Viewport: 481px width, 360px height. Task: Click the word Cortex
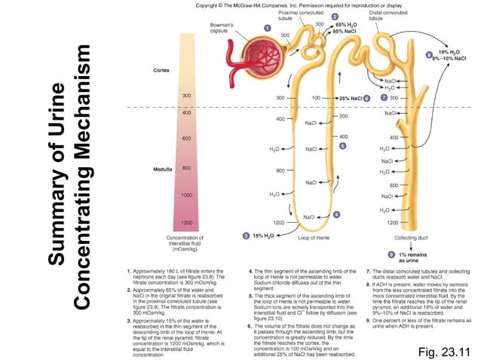tap(161, 70)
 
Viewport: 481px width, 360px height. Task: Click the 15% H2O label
tap(263, 236)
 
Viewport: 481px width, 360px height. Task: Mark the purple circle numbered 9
tap(391, 253)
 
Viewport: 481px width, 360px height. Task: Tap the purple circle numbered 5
tap(342, 145)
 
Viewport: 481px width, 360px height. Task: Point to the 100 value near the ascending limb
tap(317, 98)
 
